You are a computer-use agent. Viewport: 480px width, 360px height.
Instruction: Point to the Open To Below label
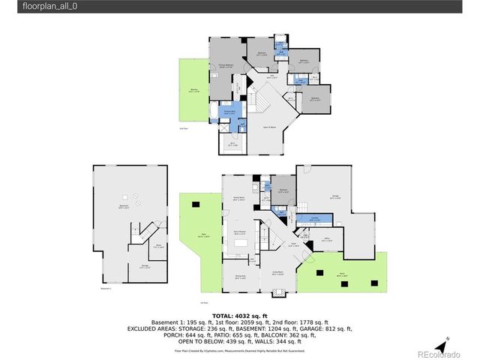coord(268,127)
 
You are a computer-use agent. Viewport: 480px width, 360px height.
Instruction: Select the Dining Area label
coord(239,277)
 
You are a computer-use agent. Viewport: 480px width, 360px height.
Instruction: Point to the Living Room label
coord(277,273)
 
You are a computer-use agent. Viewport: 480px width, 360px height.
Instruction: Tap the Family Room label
coord(238,198)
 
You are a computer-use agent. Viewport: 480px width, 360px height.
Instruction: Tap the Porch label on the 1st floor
coord(341,275)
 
